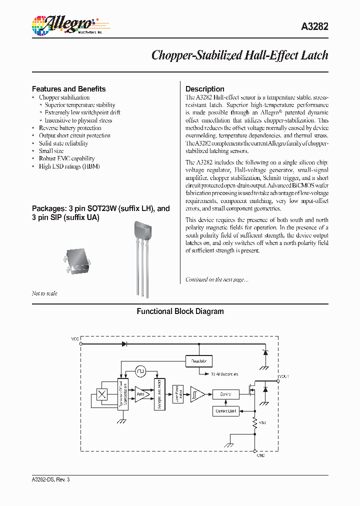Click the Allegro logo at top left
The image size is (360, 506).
pos(63,24)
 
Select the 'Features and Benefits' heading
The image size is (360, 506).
pos(68,89)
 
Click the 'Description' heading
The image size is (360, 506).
pos(204,89)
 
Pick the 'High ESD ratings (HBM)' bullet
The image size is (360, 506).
pos(69,166)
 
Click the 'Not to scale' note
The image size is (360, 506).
pos(44,293)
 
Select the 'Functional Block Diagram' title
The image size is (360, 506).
pos(180,311)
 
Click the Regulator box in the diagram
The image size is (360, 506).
pos(198,361)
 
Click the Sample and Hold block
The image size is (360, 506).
pos(159,394)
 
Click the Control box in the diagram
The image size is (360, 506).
pos(225,394)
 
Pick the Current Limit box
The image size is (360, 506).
pos(226,411)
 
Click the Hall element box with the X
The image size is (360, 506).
pos(102,394)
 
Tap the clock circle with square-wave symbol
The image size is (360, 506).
pos(140,371)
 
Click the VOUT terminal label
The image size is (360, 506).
pos(283,376)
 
